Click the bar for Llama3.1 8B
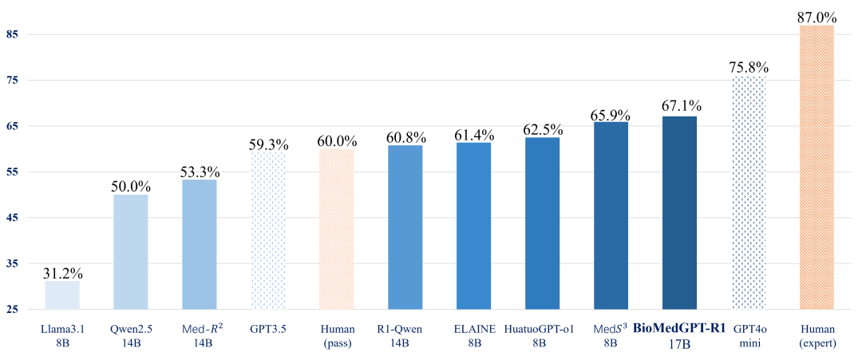point(62,295)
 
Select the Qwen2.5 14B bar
point(131,251)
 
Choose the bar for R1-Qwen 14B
point(405,227)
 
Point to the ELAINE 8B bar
point(474,225)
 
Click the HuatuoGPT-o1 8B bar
point(543,223)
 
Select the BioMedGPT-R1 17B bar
point(680,212)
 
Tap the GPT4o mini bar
point(749,192)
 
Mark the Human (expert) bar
point(817,167)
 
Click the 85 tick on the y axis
point(14,35)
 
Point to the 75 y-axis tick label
point(14,81)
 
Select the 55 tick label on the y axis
point(14,172)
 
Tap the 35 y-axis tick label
point(14,263)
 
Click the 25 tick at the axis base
point(14,310)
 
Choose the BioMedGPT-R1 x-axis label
point(679,335)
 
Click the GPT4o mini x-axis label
point(748,335)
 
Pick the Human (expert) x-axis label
point(817,335)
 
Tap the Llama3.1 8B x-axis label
point(62,335)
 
